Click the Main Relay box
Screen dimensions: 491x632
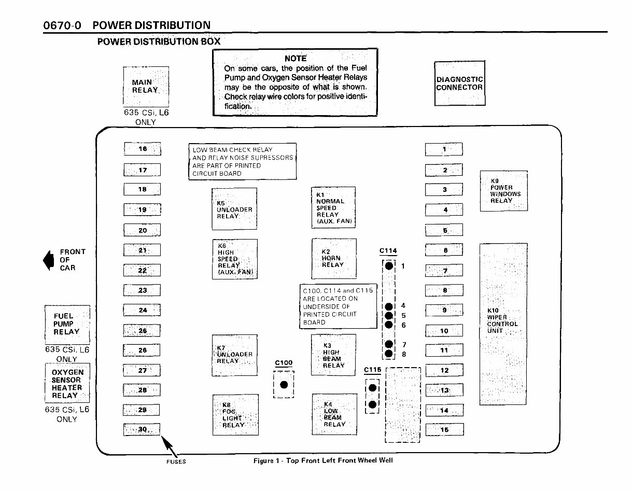coord(145,86)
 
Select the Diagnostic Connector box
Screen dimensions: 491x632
coord(459,83)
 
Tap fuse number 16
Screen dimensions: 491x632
coord(143,149)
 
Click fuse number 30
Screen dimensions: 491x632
coord(142,430)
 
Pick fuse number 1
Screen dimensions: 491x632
coord(444,150)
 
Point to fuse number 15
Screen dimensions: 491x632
coord(444,430)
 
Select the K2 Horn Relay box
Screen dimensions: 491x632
coord(333,258)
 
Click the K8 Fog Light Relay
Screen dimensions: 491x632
coord(235,414)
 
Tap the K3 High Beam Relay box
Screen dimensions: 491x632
coord(333,355)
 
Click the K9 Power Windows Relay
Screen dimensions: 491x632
coord(503,191)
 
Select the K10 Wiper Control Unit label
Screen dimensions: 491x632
coord(502,320)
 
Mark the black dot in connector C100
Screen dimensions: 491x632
coord(284,385)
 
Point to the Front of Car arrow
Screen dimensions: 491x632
coord(49,260)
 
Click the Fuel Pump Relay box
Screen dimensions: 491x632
coord(67,324)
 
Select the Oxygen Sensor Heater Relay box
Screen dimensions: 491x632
coord(67,384)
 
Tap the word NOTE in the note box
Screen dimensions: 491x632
coord(296,59)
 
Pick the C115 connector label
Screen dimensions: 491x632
coord(372,370)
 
